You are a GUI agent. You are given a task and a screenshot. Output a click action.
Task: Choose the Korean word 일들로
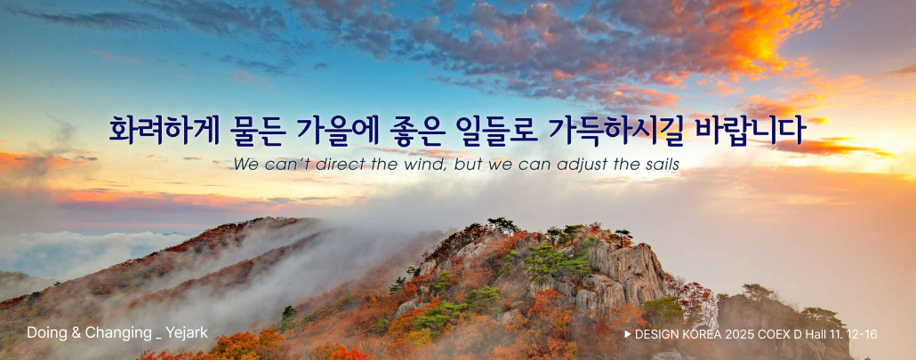[x=495, y=132]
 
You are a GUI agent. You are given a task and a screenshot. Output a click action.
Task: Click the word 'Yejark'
[x=187, y=333]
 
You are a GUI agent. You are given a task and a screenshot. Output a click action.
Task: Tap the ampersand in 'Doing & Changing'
[x=76, y=333]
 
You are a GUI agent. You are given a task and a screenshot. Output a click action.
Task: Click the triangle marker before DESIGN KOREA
[x=628, y=334]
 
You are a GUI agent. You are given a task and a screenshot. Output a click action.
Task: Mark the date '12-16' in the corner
[x=864, y=334]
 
